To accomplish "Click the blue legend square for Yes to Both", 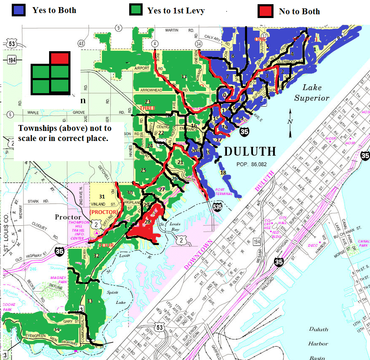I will (19, 10).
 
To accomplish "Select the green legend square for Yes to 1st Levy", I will (136, 11).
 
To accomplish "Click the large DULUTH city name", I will (250, 151).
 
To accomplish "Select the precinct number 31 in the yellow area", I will (102, 196).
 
